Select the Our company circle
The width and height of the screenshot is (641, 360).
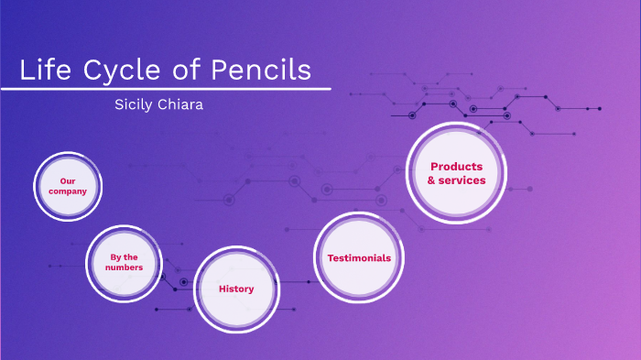(x=68, y=187)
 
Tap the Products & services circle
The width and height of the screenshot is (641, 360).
(x=456, y=173)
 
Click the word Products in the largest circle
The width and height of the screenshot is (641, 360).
(x=456, y=167)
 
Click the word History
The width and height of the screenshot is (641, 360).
(x=236, y=289)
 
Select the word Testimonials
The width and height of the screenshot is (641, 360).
(x=359, y=258)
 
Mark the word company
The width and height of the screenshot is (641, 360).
(x=68, y=191)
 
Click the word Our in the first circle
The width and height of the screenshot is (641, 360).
(x=68, y=181)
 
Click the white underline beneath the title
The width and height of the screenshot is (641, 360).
(x=165, y=89)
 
